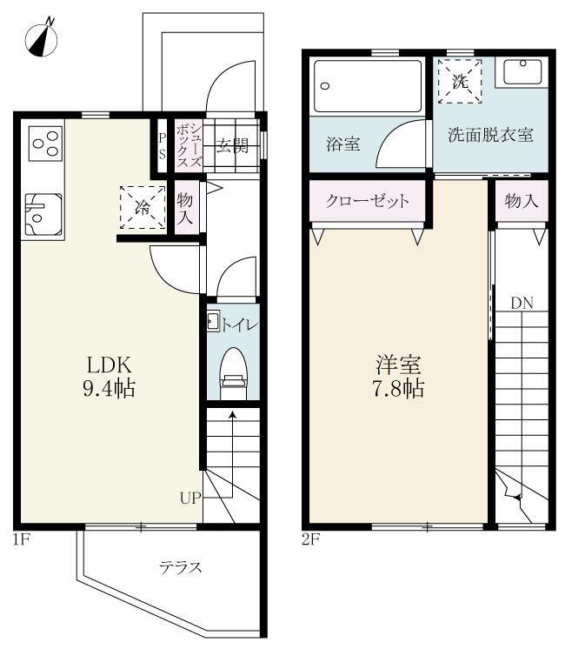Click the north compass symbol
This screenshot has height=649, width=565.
(42, 37)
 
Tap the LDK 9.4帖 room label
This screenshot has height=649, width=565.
(109, 375)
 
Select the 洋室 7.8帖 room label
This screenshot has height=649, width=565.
(399, 375)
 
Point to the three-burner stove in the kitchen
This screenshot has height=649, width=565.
(44, 144)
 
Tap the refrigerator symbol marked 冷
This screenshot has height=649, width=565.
(142, 206)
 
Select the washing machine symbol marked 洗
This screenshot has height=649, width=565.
(460, 81)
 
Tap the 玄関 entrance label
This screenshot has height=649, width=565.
(232, 146)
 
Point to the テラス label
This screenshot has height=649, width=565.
(180, 567)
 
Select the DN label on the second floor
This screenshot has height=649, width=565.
(522, 303)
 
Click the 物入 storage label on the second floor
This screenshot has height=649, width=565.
(522, 201)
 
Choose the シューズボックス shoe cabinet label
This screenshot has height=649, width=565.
(189, 145)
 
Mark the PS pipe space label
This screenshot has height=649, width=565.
(162, 145)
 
